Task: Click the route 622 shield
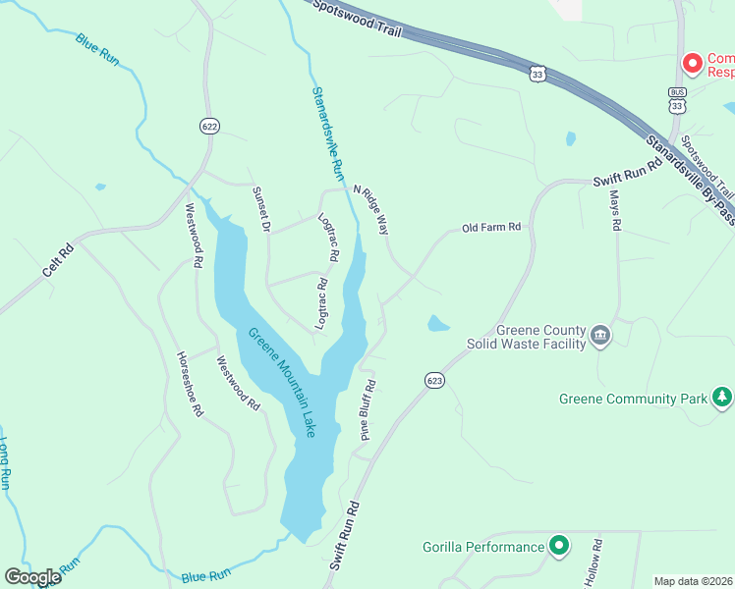click(x=207, y=126)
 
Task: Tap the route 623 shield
click(x=435, y=379)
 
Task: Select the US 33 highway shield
click(x=537, y=74)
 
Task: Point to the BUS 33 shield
click(x=676, y=99)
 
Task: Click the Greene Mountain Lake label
click(x=282, y=382)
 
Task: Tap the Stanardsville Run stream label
click(x=326, y=133)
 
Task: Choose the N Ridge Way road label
click(x=371, y=208)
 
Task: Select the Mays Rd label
click(x=615, y=210)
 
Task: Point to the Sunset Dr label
click(x=260, y=209)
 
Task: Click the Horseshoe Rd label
click(x=189, y=384)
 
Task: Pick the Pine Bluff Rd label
click(x=368, y=410)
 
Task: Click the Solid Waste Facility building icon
click(x=600, y=339)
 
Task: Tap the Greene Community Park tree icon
click(x=722, y=398)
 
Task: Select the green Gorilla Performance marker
click(x=559, y=546)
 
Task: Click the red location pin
click(x=693, y=63)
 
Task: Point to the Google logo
click(x=32, y=577)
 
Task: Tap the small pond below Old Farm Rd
click(x=438, y=323)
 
